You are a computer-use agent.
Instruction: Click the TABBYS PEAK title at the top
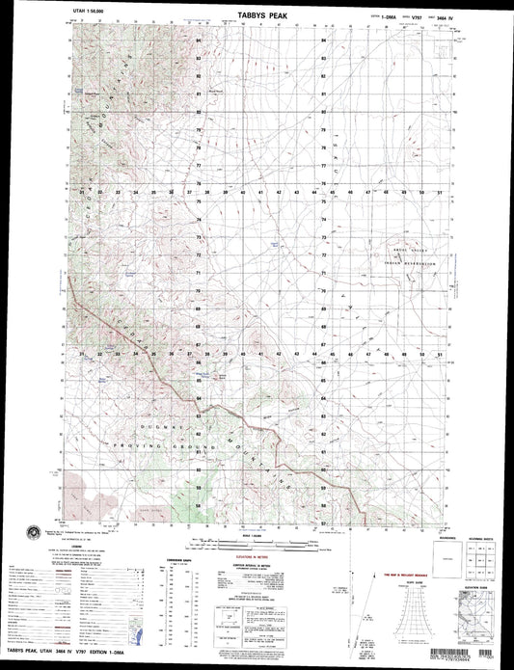click(256, 16)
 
